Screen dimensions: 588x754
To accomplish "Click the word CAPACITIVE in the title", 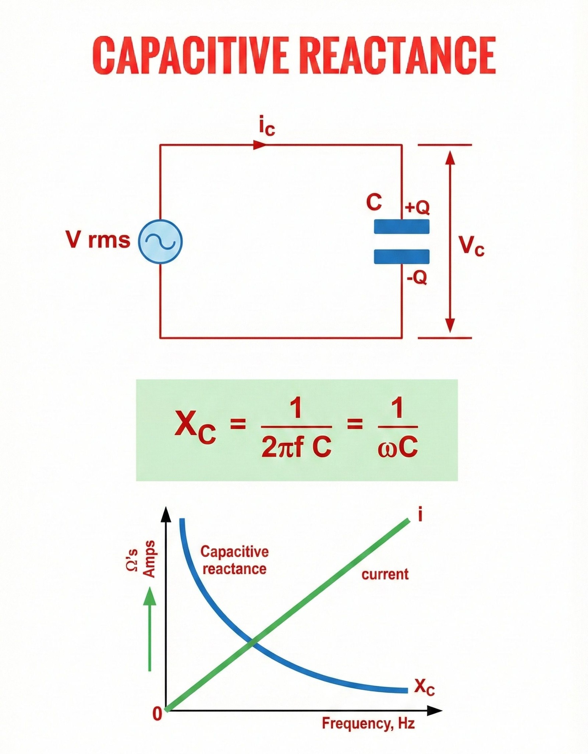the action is (x=190, y=56).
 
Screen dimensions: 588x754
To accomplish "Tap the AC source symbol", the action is (x=160, y=242).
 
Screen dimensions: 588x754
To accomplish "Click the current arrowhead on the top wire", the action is (x=260, y=145).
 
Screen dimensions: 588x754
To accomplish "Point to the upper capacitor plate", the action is (x=402, y=226).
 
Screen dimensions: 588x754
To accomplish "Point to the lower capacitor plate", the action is (x=402, y=257).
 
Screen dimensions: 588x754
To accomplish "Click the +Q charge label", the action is (x=417, y=208).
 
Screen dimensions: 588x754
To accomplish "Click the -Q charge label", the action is (x=417, y=277).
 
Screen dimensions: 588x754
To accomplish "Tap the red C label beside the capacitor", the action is (x=374, y=202).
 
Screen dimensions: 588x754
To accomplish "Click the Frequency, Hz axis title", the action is (x=369, y=723).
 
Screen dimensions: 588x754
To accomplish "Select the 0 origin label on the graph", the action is (x=157, y=714).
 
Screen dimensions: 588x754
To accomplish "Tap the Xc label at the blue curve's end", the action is (x=425, y=687).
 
